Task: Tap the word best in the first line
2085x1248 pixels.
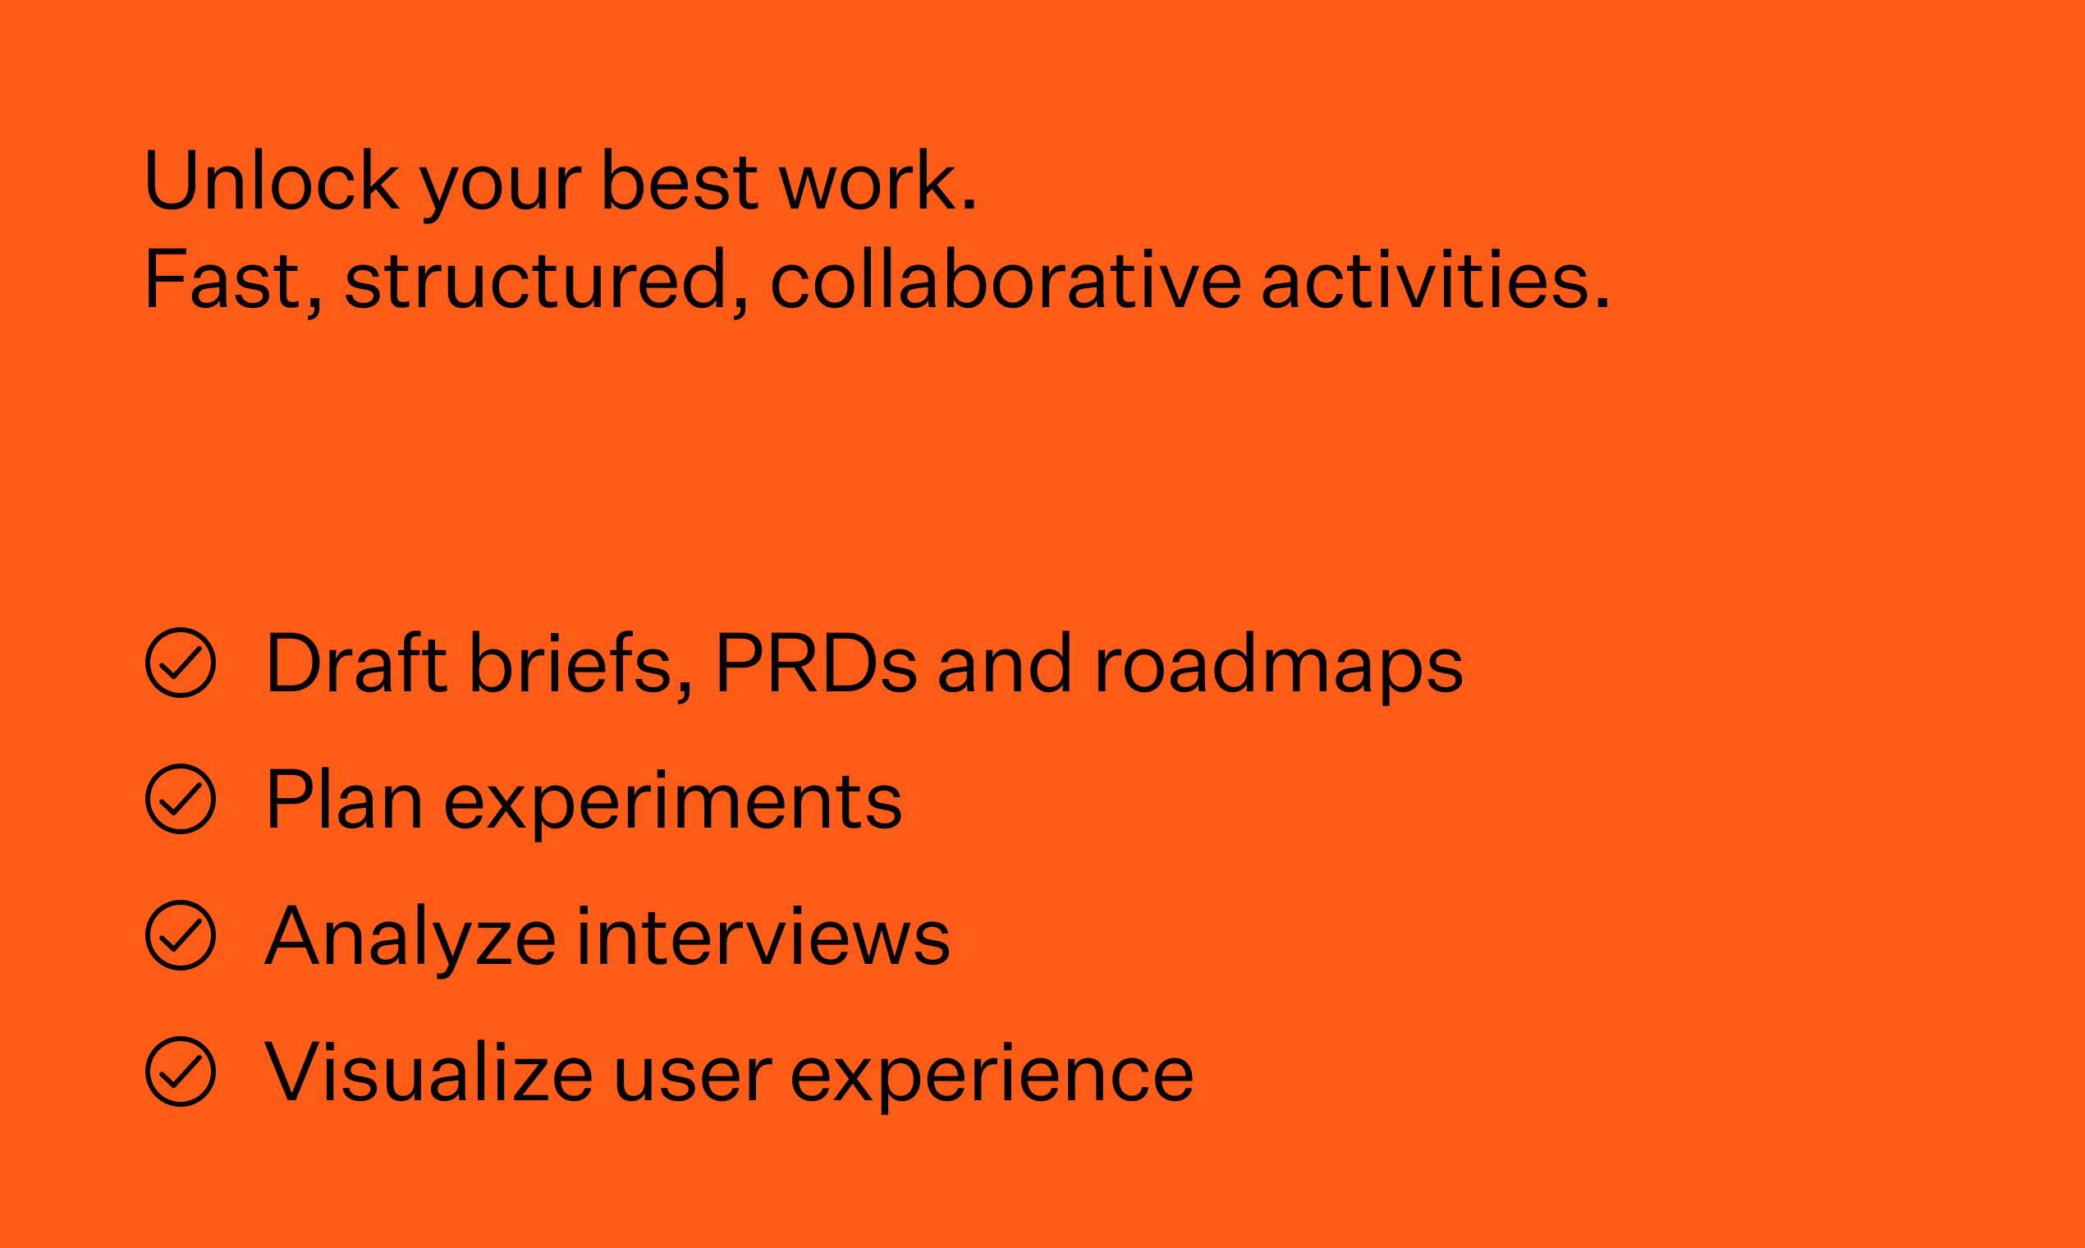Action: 680,179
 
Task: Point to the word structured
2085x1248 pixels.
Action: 536,278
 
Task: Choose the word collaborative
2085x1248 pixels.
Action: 1006,278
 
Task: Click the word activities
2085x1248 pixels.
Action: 1426,278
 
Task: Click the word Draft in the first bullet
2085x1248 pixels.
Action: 357,662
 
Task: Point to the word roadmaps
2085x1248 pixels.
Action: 1279,667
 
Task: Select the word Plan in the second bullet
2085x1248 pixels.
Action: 344,799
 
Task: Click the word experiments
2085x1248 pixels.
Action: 672,804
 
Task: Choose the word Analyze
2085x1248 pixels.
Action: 410,940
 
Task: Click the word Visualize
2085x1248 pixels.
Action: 428,1071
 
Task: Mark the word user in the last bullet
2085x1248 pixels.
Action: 693,1076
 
